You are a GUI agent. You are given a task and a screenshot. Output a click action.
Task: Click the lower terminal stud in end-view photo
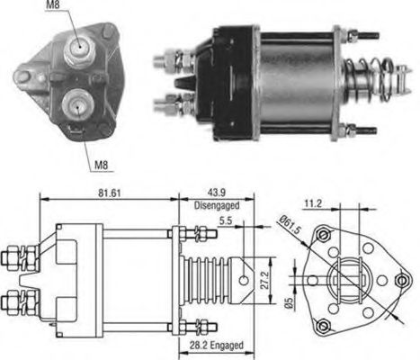tap(76, 104)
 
